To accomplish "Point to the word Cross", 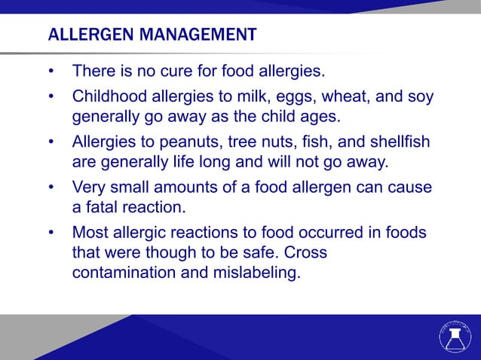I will click(x=307, y=252).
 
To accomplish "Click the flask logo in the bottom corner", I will click(x=454, y=337).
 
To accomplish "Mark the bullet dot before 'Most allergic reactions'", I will click(x=51, y=232).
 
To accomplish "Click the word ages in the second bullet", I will click(x=321, y=118).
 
